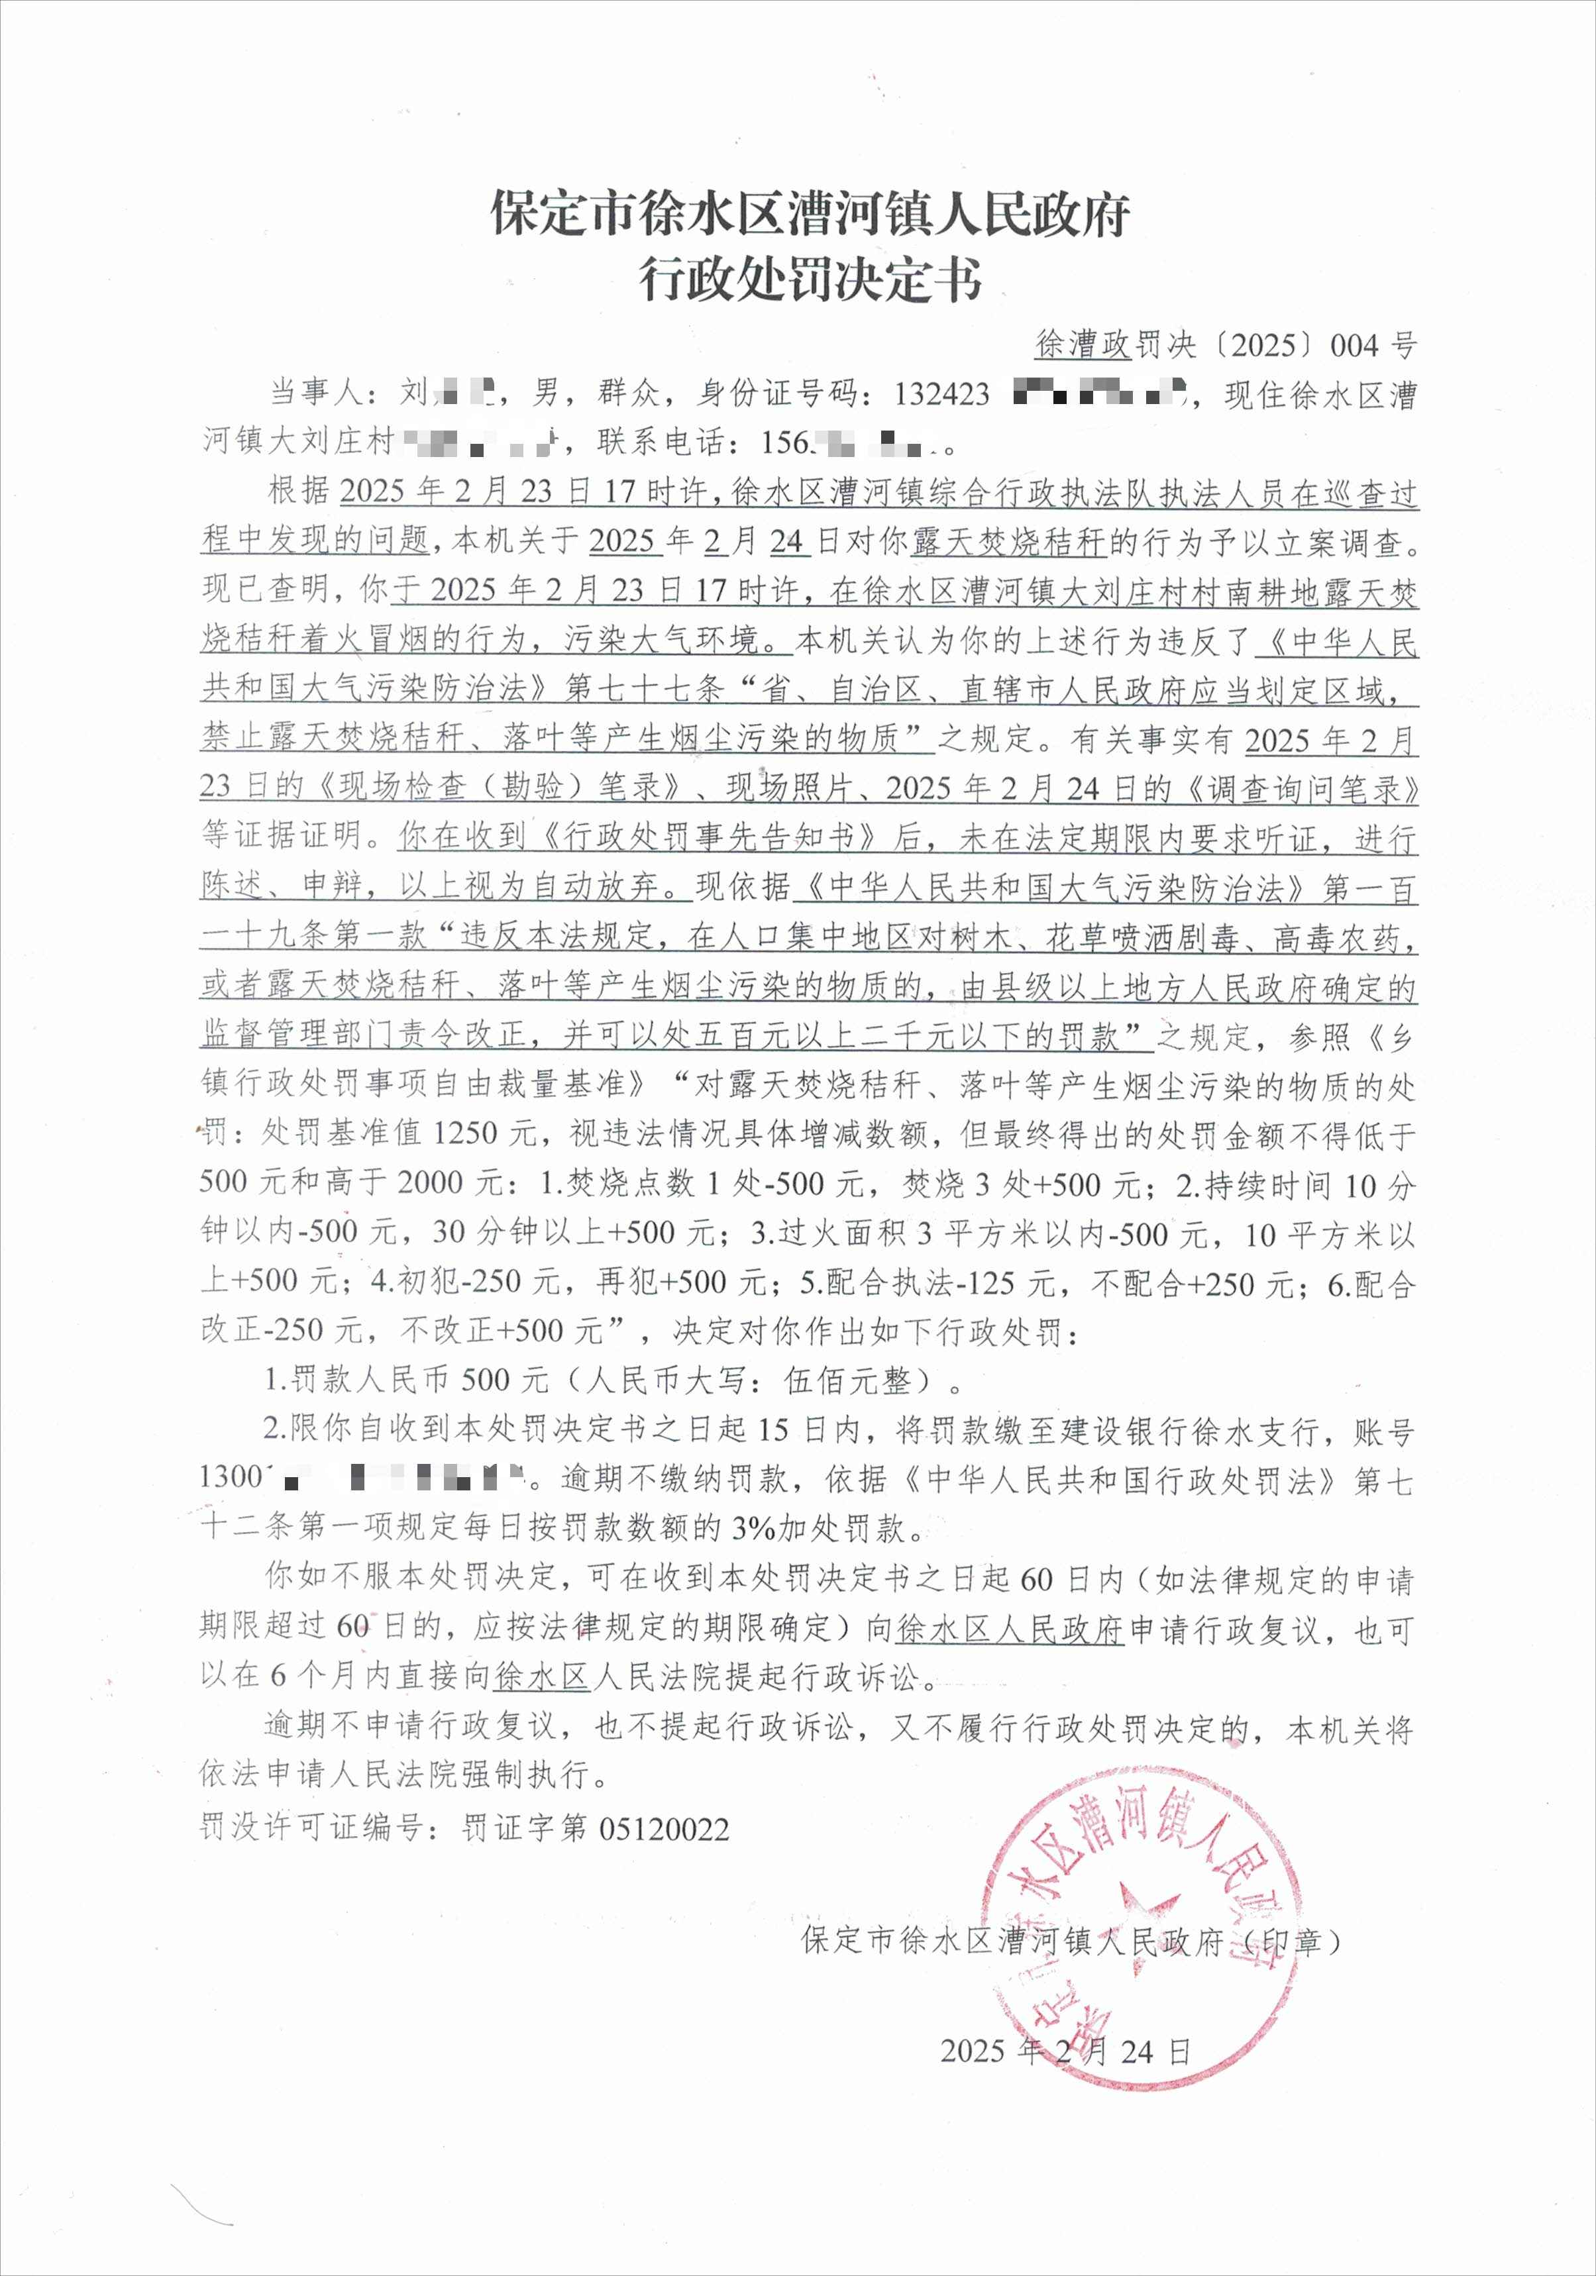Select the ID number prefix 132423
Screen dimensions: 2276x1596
[x=941, y=395]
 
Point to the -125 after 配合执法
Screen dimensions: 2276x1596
[x=987, y=1282]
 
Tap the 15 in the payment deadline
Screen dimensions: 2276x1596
[x=773, y=1430]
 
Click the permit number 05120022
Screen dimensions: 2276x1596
[x=665, y=1829]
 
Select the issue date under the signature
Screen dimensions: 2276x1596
[x=1065, y=2050]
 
